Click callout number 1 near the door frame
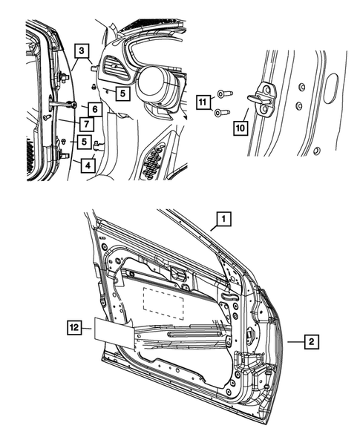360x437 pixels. point(223,220)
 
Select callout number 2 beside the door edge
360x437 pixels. point(312,342)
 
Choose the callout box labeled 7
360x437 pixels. point(87,123)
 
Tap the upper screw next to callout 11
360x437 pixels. point(224,94)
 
